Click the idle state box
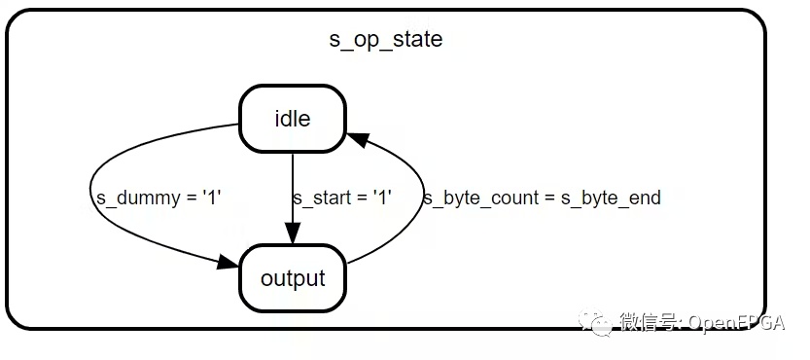tap(292, 119)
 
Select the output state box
tap(293, 278)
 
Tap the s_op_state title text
tap(386, 39)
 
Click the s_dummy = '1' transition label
tap(159, 198)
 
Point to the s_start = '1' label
tap(342, 198)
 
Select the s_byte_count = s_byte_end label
tap(542, 198)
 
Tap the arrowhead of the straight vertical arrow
tap(293, 234)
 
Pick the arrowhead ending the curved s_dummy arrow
tap(228, 263)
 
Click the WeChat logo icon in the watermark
tap(595, 322)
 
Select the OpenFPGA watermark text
tap(737, 323)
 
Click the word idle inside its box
tap(293, 119)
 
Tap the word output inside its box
tap(293, 278)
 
